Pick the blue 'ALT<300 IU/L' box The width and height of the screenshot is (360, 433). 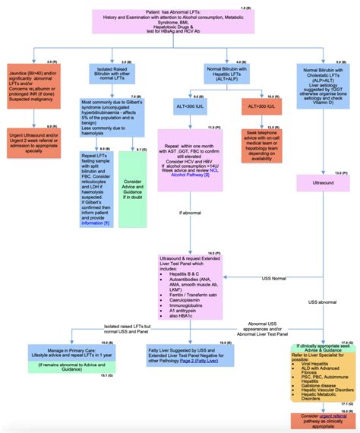click(202, 109)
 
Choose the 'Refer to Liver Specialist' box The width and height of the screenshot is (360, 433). click(324, 372)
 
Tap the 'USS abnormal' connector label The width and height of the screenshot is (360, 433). click(324, 302)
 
